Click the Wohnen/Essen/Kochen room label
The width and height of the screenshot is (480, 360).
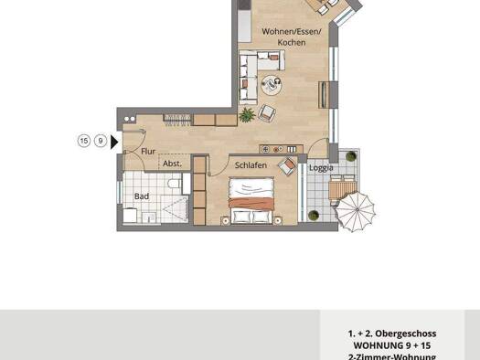[283, 37]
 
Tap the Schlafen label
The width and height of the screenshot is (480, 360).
[250, 165]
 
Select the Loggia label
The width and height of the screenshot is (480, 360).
[320, 168]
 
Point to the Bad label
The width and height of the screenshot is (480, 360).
[142, 196]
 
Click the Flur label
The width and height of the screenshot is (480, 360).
[149, 153]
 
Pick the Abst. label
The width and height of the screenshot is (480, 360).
[172, 163]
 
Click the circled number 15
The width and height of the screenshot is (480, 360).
[84, 141]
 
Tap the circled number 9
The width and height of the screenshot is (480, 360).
[100, 141]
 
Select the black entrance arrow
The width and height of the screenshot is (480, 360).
[114, 141]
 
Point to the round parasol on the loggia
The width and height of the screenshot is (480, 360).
[351, 211]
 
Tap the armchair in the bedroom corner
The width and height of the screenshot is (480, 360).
[288, 166]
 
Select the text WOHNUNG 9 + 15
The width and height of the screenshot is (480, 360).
[395, 346]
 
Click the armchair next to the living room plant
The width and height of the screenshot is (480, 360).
[267, 113]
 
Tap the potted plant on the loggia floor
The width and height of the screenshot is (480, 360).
[314, 216]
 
